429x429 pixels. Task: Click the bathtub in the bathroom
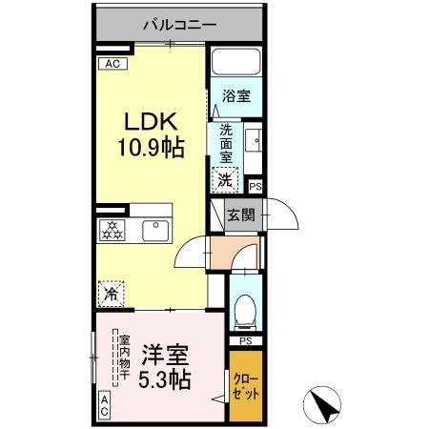pyautogui.click(x=235, y=64)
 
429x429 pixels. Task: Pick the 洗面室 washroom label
pyautogui.click(x=226, y=143)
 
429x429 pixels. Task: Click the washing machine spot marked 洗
pyautogui.click(x=225, y=177)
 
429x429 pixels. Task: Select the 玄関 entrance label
pyautogui.click(x=240, y=215)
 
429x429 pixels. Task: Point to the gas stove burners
pyautogui.click(x=112, y=229)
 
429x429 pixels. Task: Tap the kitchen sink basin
pyautogui.click(x=153, y=229)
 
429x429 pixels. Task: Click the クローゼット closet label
pyautogui.click(x=245, y=386)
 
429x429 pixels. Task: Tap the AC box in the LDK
pyautogui.click(x=111, y=64)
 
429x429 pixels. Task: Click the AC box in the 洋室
pyautogui.click(x=104, y=405)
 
